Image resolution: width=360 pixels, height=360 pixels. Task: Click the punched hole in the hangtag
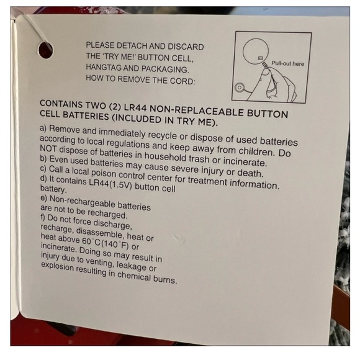45,50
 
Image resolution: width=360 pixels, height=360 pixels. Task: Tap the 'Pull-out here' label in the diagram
287,63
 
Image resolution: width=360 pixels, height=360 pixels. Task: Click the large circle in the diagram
256,51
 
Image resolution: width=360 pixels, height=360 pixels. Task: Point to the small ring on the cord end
240,88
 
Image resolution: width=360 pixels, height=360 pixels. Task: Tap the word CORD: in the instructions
182,81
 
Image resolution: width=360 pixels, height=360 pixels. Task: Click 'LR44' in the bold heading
135,107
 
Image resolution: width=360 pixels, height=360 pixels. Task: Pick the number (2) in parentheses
115,107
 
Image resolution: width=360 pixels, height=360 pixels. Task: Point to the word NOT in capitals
48,149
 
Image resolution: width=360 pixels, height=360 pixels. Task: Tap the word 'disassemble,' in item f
100,233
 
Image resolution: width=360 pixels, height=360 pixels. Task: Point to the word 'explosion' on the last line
57,266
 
